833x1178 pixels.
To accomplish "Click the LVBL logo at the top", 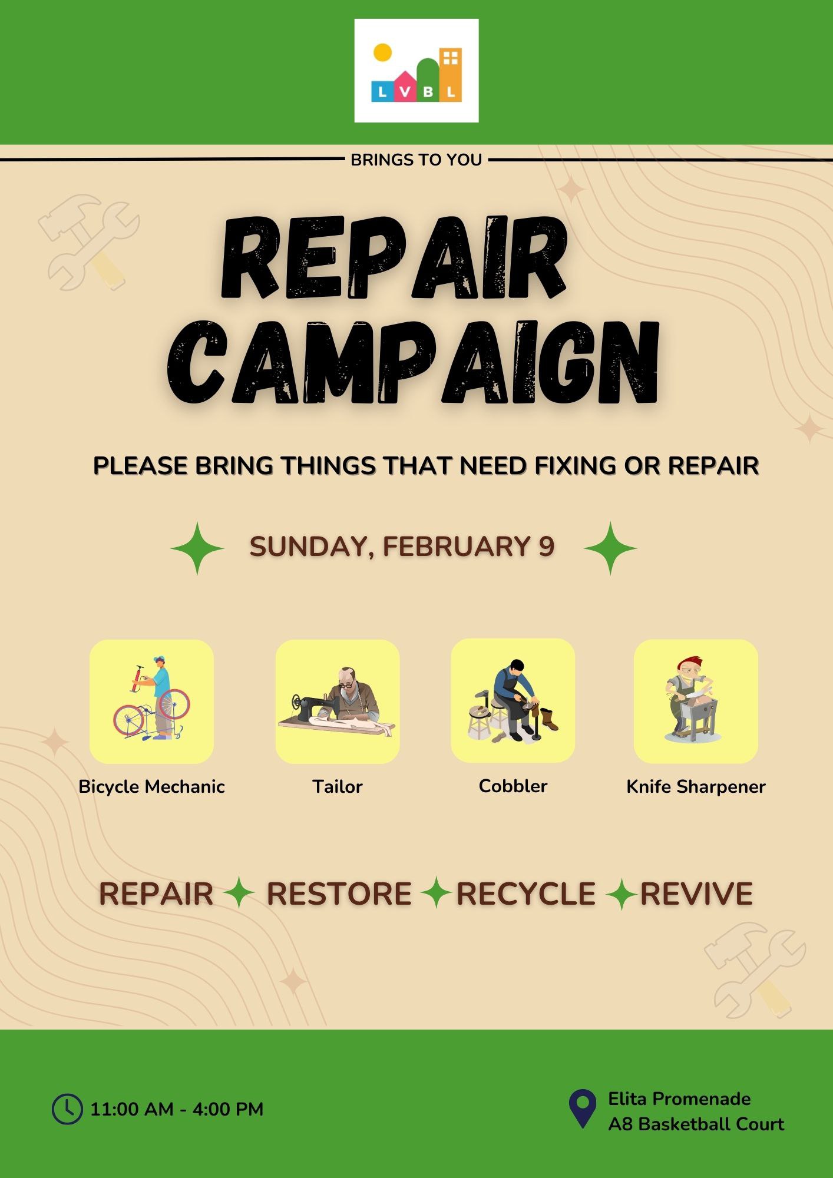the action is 416,71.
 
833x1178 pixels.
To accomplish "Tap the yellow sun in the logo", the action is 382,52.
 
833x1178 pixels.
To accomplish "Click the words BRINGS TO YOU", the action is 416,160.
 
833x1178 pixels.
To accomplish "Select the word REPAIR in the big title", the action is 393,257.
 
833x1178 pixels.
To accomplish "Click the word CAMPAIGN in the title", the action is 413,363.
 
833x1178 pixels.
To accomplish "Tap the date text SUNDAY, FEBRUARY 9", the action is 402,547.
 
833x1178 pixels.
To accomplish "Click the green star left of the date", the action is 197,548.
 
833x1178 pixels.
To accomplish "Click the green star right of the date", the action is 610,548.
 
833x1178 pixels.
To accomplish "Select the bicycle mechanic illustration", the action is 151,701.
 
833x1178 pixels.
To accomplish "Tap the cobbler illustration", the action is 513,700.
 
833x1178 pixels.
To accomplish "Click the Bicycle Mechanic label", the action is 151,787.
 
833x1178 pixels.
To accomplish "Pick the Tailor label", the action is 338,786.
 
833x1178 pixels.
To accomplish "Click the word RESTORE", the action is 339,894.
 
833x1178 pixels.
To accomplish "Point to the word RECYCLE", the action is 525,894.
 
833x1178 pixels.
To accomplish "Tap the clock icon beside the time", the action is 67,1109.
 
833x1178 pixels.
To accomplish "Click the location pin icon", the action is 583,1108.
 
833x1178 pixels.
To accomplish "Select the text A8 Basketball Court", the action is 696,1124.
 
